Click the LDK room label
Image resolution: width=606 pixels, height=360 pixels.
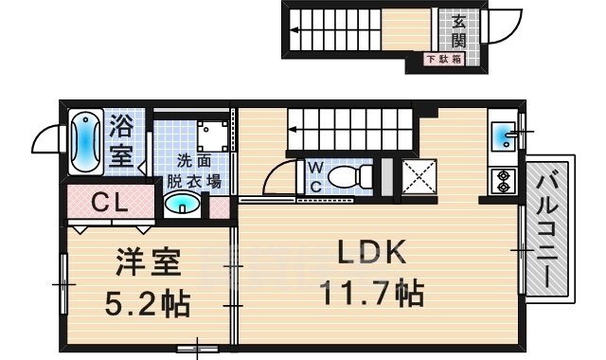coord(372,252)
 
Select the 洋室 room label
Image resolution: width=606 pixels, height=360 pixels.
coord(148,261)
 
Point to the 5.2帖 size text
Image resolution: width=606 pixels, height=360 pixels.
coord(147,303)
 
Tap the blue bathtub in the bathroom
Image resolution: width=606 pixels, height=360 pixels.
coord(86,141)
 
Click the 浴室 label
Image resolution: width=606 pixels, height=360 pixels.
coord(121,139)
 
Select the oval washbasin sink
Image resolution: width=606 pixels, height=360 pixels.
coord(182,204)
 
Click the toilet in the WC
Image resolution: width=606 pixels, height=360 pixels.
coord(356,175)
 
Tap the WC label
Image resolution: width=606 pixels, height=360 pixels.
coord(316,177)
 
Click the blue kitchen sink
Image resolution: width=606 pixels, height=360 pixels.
coord(504,138)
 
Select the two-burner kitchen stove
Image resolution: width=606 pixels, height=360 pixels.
coord(501,180)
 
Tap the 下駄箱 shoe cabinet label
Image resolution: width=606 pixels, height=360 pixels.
coord(443,60)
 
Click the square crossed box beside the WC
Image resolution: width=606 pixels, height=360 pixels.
coord(418,177)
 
